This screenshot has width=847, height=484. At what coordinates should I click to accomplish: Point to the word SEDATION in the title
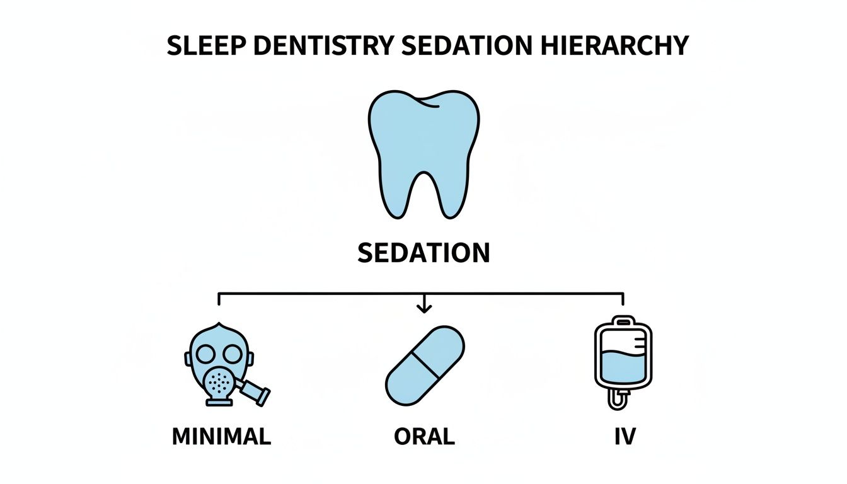click(469, 46)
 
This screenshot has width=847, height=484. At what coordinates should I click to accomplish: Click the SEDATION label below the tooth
click(423, 253)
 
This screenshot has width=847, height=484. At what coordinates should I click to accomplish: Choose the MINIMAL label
click(221, 436)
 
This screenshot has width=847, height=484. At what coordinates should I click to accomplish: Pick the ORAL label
click(424, 436)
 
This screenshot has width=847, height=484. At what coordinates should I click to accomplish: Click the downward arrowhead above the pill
click(424, 308)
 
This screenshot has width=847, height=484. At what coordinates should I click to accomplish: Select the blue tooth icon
click(423, 139)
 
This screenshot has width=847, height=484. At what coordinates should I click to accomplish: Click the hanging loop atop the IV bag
click(623, 320)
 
